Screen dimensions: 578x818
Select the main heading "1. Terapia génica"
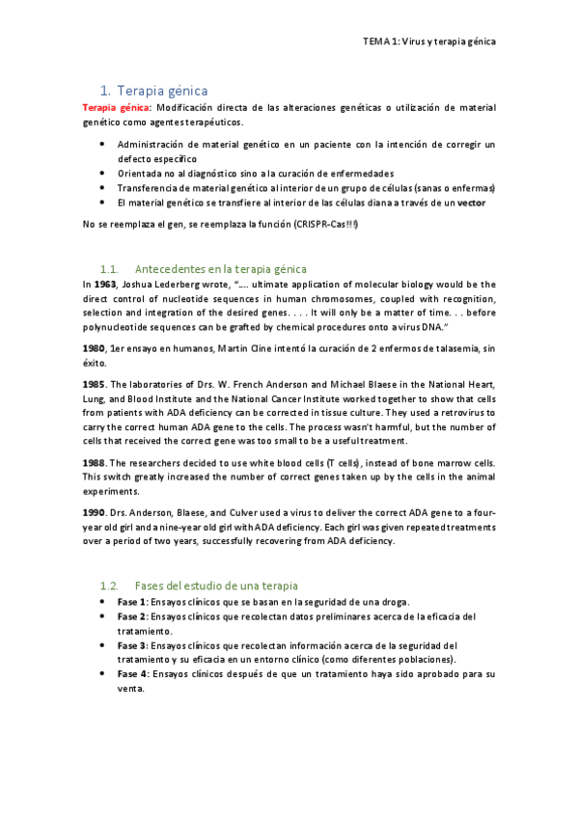(x=153, y=91)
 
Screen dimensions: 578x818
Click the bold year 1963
(x=106, y=285)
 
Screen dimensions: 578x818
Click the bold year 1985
(x=94, y=384)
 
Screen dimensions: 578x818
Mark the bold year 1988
(x=94, y=463)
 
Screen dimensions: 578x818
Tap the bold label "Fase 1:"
(x=132, y=601)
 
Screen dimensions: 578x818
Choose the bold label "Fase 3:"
(x=132, y=644)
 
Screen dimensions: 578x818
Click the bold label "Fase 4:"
(x=132, y=673)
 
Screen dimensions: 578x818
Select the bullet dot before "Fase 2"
(x=104, y=615)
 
